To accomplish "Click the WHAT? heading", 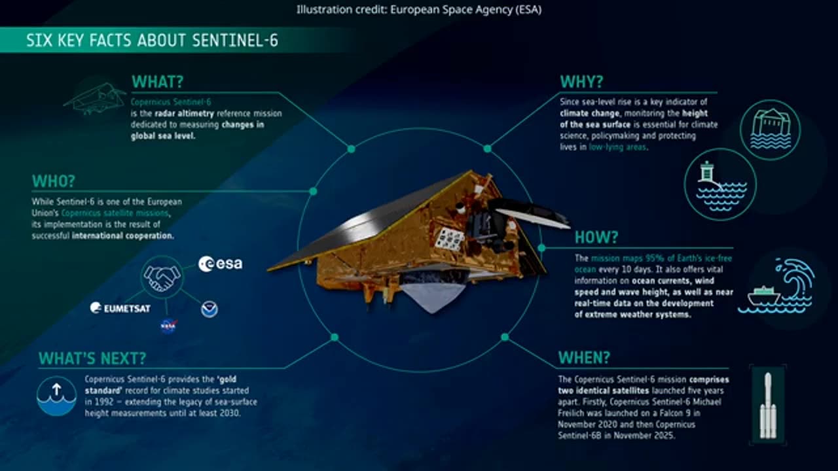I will click(157, 82).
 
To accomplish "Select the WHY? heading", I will click(581, 82).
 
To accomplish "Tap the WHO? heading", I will click(54, 181).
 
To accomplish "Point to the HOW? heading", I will click(596, 237).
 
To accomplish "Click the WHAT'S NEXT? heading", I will click(92, 358).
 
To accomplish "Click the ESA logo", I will click(221, 264).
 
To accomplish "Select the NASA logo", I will click(168, 326).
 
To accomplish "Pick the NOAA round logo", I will click(209, 309).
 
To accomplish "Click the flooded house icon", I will click(770, 130).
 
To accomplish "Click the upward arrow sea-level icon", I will click(56, 395).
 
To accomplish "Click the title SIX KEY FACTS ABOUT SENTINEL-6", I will click(152, 41).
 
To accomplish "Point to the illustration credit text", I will click(419, 9).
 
